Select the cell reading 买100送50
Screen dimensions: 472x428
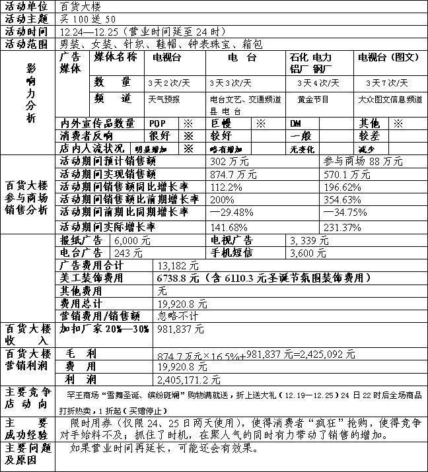point(87,18)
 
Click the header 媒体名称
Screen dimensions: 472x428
point(115,57)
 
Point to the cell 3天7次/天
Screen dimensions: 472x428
point(387,83)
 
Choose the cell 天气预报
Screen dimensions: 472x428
point(164,99)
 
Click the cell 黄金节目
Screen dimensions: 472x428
point(313,99)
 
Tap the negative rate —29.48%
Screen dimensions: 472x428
point(232,212)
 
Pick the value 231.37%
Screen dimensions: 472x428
point(342,228)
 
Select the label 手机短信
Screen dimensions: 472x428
point(231,253)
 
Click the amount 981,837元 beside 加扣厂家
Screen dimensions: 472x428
point(181,328)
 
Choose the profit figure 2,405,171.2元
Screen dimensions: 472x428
point(189,380)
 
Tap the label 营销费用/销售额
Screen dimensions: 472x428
point(100,316)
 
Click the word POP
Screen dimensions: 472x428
point(158,123)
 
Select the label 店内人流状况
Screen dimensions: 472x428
point(90,149)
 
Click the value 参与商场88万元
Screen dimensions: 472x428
point(363,162)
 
